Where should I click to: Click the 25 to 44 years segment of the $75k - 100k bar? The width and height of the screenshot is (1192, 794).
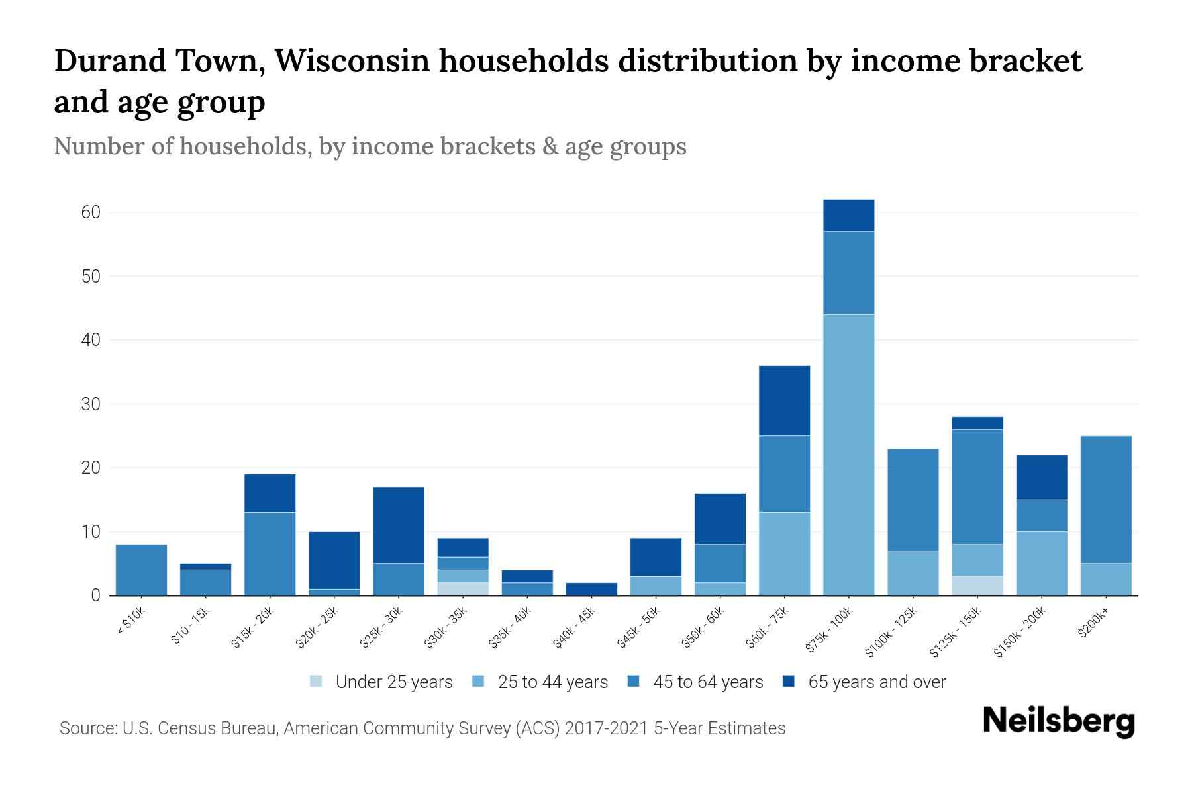tap(848, 455)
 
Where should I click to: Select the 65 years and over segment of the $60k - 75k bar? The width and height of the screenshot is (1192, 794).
tap(784, 400)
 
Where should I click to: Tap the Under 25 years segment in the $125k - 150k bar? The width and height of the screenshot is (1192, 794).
tap(977, 586)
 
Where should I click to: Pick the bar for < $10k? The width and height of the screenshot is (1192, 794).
tap(141, 570)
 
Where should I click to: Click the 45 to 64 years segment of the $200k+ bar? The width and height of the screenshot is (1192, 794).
tap(1105, 500)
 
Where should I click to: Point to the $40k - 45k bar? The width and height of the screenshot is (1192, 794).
tap(591, 589)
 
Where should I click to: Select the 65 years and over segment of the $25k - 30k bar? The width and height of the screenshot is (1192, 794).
tap(398, 525)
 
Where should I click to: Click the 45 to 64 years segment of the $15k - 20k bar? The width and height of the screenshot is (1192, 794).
tap(270, 554)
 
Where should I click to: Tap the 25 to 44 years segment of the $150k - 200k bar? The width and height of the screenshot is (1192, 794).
tap(1041, 563)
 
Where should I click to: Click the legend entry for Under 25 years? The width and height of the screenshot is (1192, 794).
tap(381, 682)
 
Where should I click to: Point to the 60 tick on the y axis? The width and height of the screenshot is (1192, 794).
tap(91, 212)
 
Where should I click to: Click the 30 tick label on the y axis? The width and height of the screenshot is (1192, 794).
tap(91, 404)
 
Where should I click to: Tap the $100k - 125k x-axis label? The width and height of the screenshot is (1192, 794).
tap(892, 632)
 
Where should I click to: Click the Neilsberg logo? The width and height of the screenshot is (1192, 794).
tap(1058, 721)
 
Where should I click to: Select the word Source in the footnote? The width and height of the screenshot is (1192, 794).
tap(87, 728)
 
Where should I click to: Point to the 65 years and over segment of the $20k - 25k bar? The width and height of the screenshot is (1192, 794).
tap(334, 560)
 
